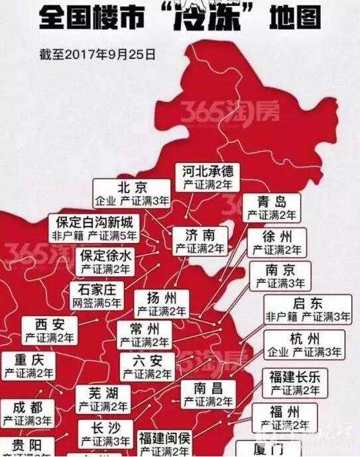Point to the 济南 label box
(x=200, y=241)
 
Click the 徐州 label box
(x=274, y=243)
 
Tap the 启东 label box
(x=308, y=310)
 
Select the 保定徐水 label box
(x=105, y=262)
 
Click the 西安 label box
(x=50, y=331)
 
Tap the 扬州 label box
(x=161, y=303)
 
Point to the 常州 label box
(x=145, y=336)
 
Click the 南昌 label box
(x=208, y=394)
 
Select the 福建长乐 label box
(x=294, y=383)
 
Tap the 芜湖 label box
(x=101, y=399)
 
